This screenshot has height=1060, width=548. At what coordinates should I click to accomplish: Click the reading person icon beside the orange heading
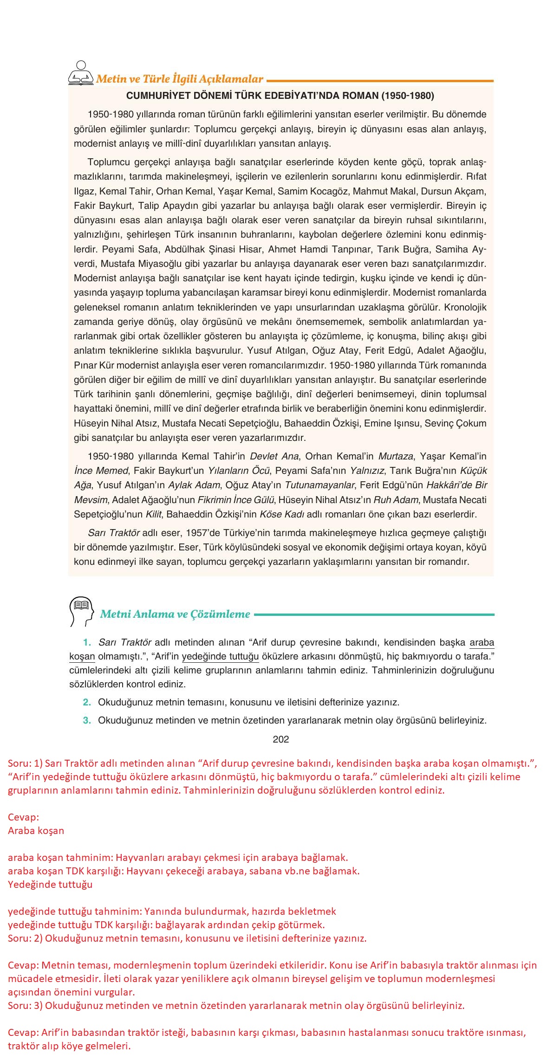click(81, 73)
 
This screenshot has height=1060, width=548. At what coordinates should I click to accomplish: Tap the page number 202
click(281, 739)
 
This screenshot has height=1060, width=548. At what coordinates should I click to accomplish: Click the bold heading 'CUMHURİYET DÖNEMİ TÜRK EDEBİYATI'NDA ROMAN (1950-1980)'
click(280, 96)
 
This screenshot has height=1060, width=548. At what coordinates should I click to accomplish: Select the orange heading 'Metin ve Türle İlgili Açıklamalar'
click(180, 79)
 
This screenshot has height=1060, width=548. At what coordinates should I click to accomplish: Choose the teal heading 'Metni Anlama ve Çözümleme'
click(175, 614)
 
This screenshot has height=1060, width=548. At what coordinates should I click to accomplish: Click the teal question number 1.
click(87, 643)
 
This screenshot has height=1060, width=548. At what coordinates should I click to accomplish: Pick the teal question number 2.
click(87, 702)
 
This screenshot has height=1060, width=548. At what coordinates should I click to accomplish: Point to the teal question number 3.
click(87, 721)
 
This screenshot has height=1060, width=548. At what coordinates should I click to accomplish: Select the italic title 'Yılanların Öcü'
click(239, 471)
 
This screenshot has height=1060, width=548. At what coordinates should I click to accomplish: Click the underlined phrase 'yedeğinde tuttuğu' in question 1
click(220, 657)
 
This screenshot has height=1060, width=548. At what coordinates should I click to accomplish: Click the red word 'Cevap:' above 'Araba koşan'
click(23, 817)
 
